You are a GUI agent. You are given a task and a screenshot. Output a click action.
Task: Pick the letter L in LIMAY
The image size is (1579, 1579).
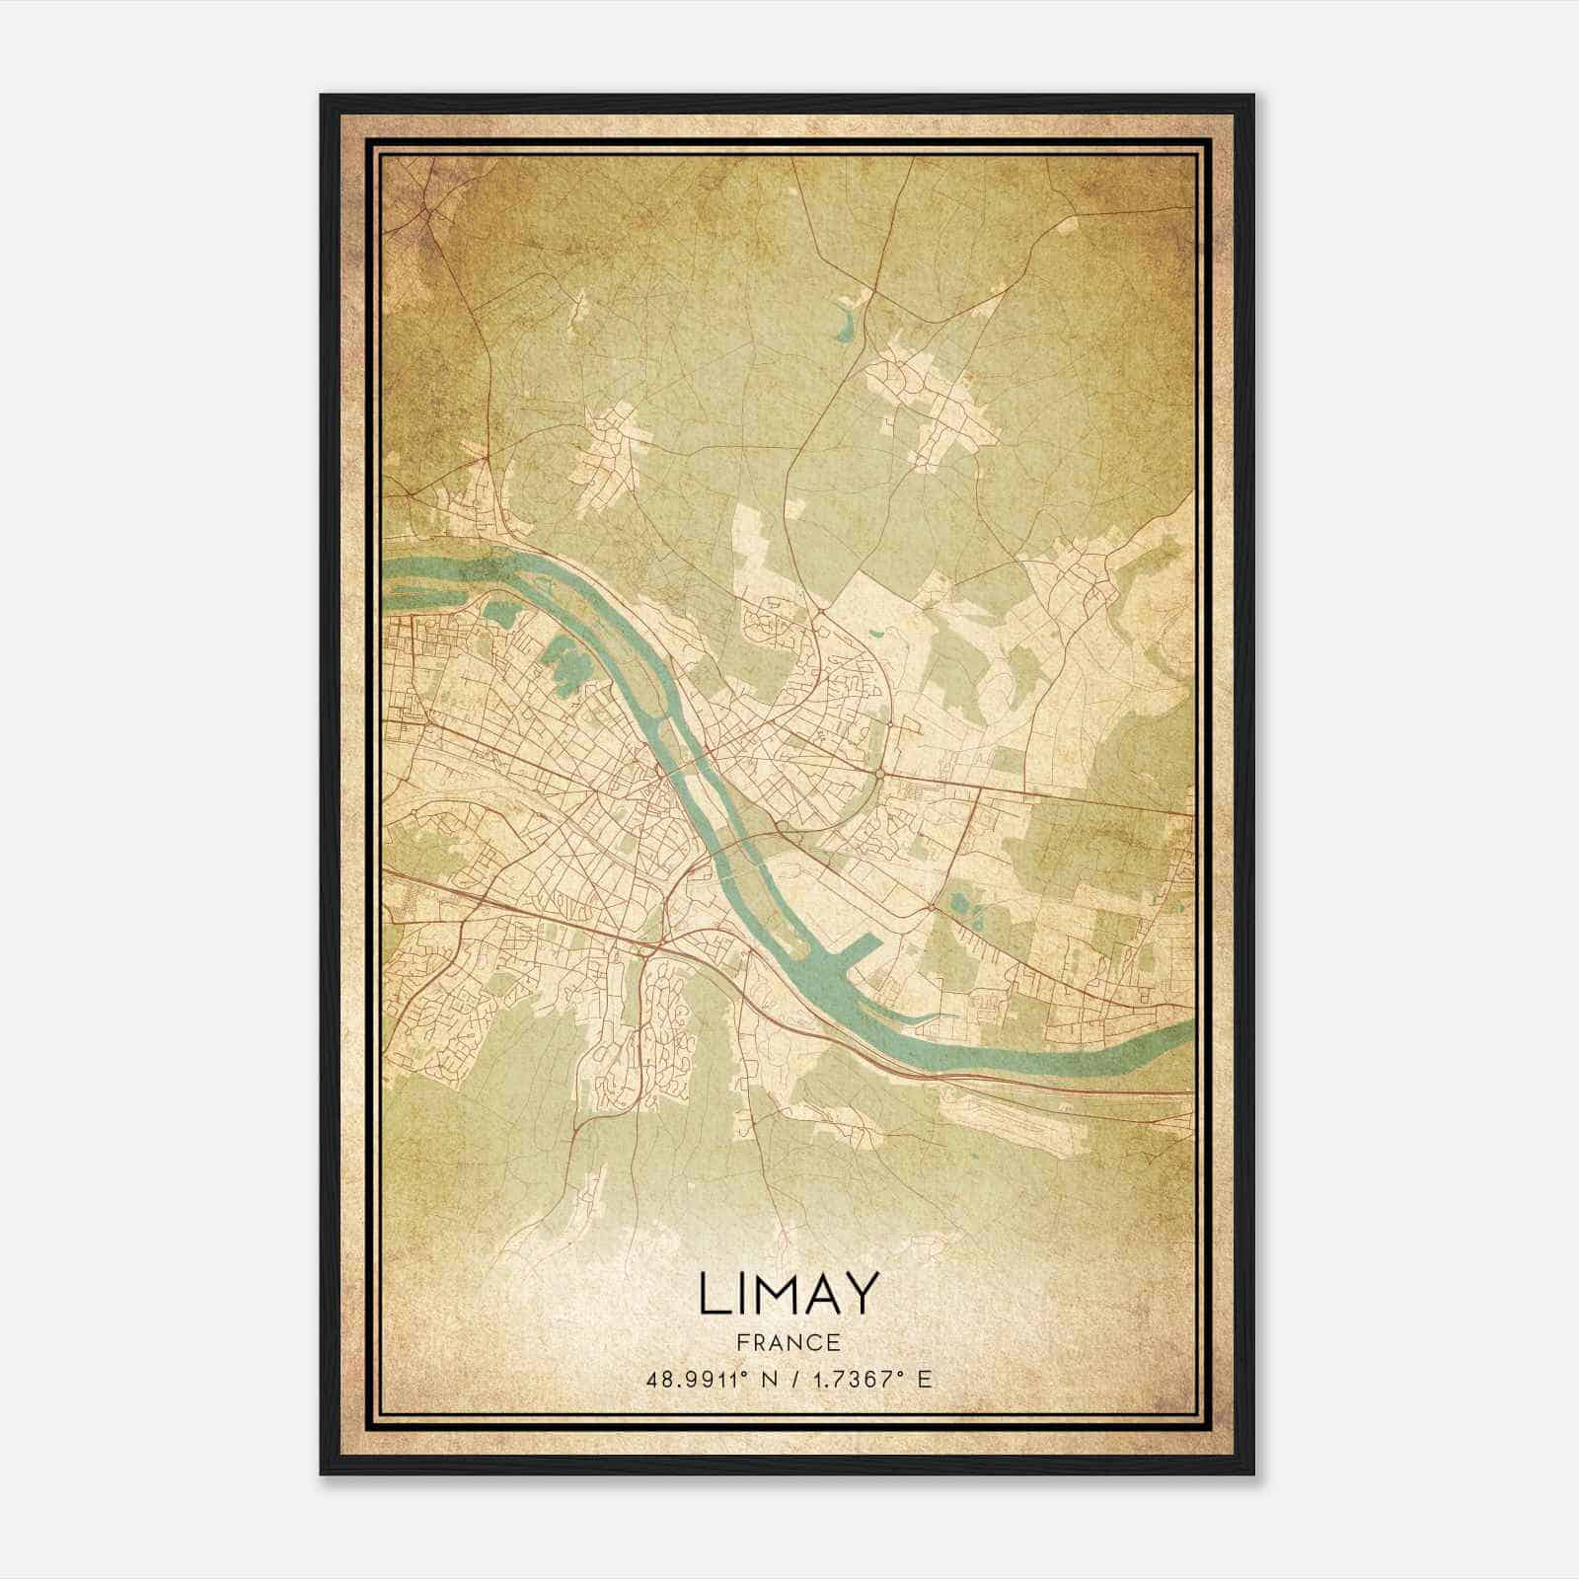click(712, 1293)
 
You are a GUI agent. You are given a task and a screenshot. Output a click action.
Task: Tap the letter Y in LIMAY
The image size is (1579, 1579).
click(859, 1293)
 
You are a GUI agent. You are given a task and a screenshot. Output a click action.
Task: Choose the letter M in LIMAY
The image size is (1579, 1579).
click(768, 1293)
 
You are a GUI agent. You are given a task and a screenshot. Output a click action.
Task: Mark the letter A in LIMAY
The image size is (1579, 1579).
click(817, 1293)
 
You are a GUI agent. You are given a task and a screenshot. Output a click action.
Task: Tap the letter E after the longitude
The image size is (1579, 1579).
click(924, 1379)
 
